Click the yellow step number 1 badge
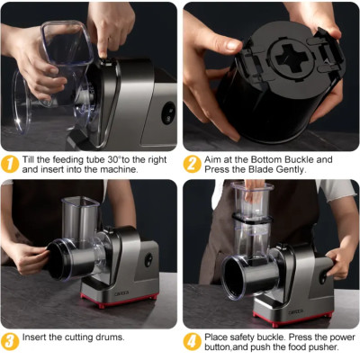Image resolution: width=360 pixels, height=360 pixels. (x=11, y=163)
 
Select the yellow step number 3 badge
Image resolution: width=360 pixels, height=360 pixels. (x=11, y=340)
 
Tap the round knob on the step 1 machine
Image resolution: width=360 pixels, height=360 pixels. (x=168, y=112)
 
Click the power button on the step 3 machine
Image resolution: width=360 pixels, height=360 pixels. (x=149, y=260)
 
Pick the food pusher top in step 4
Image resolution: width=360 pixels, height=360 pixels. (x=251, y=189)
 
